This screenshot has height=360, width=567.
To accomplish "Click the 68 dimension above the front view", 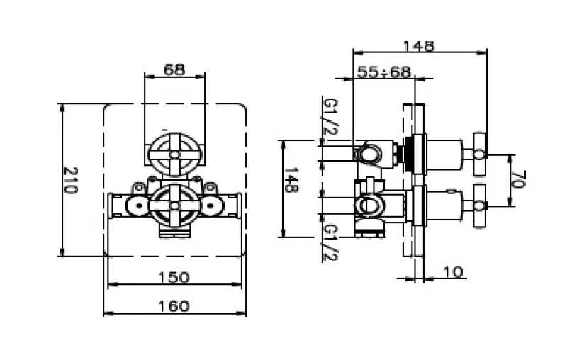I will click(x=174, y=70).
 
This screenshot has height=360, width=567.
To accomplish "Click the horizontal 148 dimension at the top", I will click(x=418, y=46).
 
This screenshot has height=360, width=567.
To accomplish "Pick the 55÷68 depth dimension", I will click(x=383, y=72).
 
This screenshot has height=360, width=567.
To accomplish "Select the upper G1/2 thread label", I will click(x=328, y=118).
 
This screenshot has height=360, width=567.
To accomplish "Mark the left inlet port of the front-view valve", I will click(x=134, y=206).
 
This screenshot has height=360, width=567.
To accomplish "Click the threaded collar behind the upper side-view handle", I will click(x=408, y=152).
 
